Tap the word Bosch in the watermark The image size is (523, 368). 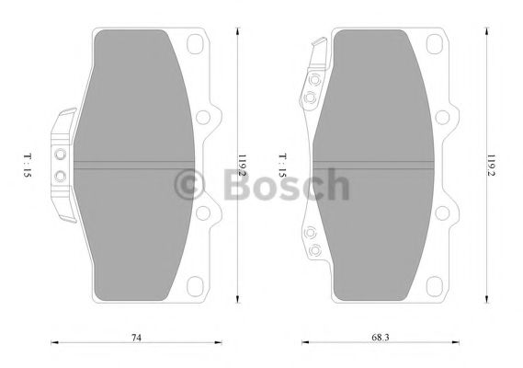point(287,187)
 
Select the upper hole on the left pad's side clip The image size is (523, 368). point(61,155)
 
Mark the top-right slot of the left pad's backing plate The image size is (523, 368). point(194,44)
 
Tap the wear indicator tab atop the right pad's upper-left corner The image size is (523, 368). point(318,46)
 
